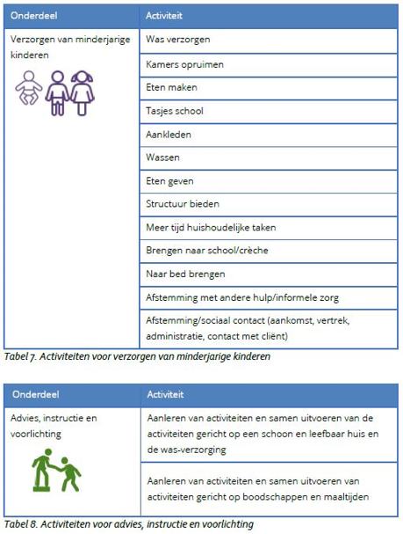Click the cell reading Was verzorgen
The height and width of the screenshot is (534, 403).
pos(177,40)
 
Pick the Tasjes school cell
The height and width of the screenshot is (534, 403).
pos(175,112)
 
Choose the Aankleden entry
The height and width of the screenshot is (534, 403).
pos(169,135)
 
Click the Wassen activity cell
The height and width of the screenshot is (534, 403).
pos(164,158)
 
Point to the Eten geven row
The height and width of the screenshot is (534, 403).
pos(169,181)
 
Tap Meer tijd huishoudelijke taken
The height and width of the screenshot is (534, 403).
pos(211,227)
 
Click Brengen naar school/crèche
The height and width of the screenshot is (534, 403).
pos(206,250)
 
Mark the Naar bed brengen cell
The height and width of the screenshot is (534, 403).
pos(185,274)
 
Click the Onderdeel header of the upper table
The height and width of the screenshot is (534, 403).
pos(37,15)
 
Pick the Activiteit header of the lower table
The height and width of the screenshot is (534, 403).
pos(165,394)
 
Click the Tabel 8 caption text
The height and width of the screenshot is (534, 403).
pos(129,524)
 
